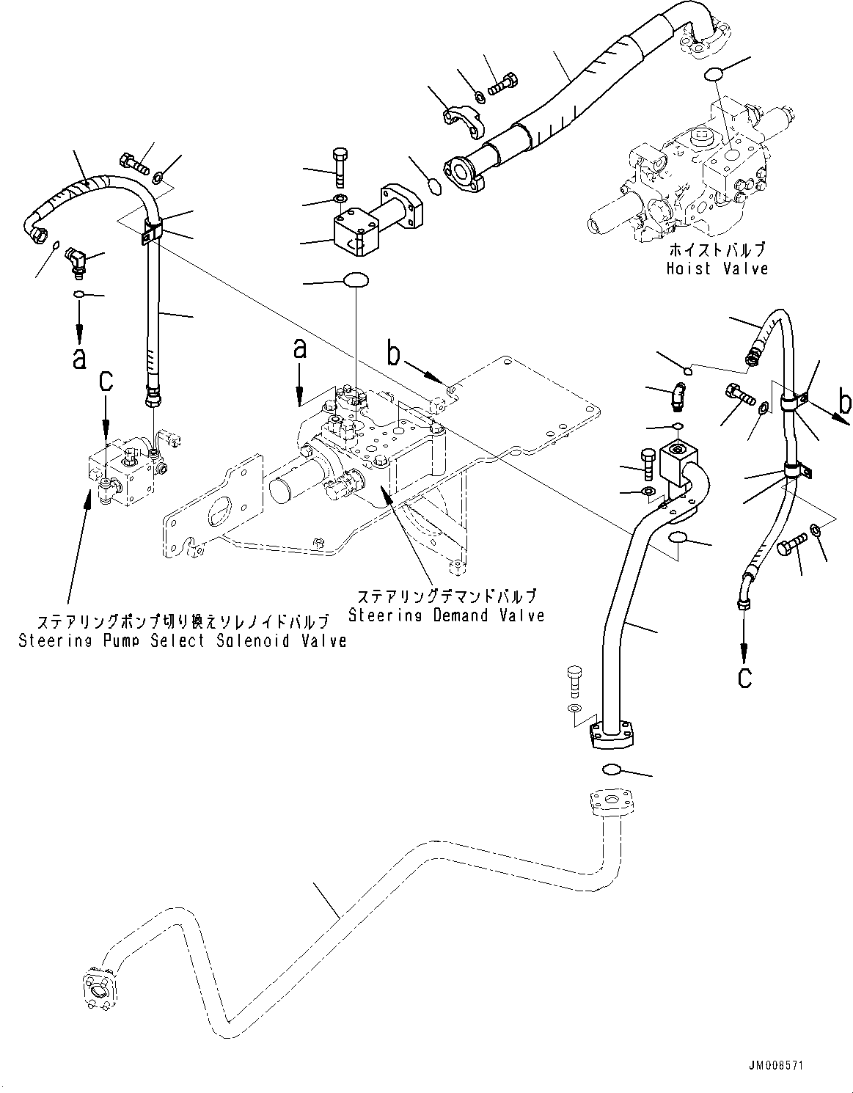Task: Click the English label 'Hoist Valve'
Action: point(717,268)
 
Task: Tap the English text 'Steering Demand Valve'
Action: point(446,615)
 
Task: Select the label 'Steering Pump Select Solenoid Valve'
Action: point(182,641)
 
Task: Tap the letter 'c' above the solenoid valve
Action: point(107,381)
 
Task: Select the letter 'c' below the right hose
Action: point(744,677)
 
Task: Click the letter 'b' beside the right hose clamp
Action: point(844,403)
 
